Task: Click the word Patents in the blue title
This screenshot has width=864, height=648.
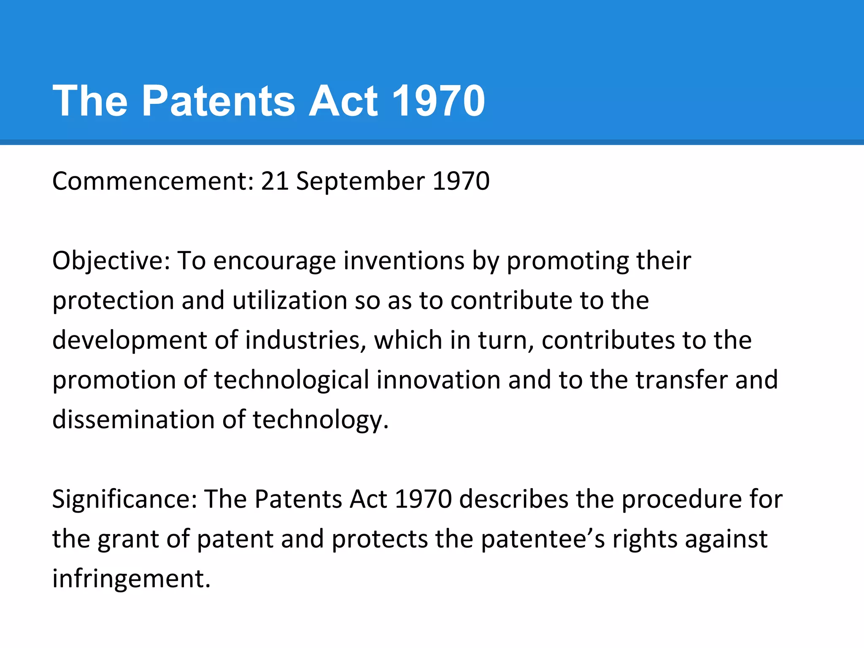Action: [x=218, y=101]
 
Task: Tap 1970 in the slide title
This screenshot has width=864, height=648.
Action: [x=438, y=101]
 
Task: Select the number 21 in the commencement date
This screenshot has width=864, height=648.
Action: [x=275, y=181]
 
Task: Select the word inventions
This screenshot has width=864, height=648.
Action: [x=404, y=261]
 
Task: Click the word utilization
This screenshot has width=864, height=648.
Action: [x=289, y=301]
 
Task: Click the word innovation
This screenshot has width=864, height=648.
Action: [x=438, y=380]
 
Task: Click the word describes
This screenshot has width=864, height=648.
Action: [x=513, y=499]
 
